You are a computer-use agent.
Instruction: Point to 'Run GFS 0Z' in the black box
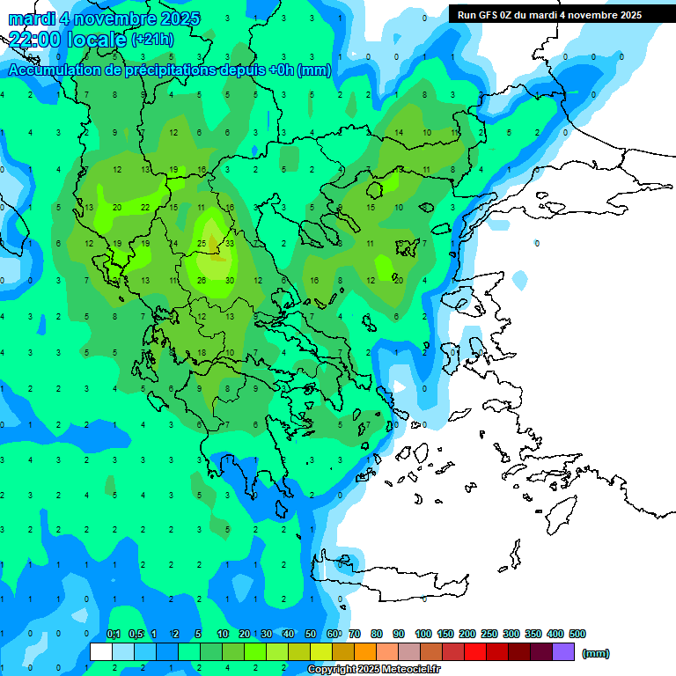[487, 15]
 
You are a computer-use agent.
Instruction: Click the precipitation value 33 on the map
[229, 243]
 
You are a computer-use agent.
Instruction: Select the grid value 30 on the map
[229, 280]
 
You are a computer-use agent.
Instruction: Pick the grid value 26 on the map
[202, 280]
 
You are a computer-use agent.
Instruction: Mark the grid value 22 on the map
[145, 207]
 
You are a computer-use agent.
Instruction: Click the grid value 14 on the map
[399, 133]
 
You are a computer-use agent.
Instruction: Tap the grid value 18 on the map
[202, 352]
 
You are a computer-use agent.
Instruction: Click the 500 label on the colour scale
[577, 634]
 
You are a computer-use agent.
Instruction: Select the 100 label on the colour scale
[423, 634]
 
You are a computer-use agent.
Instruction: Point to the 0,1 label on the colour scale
[114, 634]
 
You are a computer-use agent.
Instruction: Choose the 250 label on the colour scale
[489, 634]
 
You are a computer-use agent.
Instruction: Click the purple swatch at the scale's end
[563, 651]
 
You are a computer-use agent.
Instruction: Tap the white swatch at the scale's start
[101, 651]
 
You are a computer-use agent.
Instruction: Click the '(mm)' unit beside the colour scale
[596, 653]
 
